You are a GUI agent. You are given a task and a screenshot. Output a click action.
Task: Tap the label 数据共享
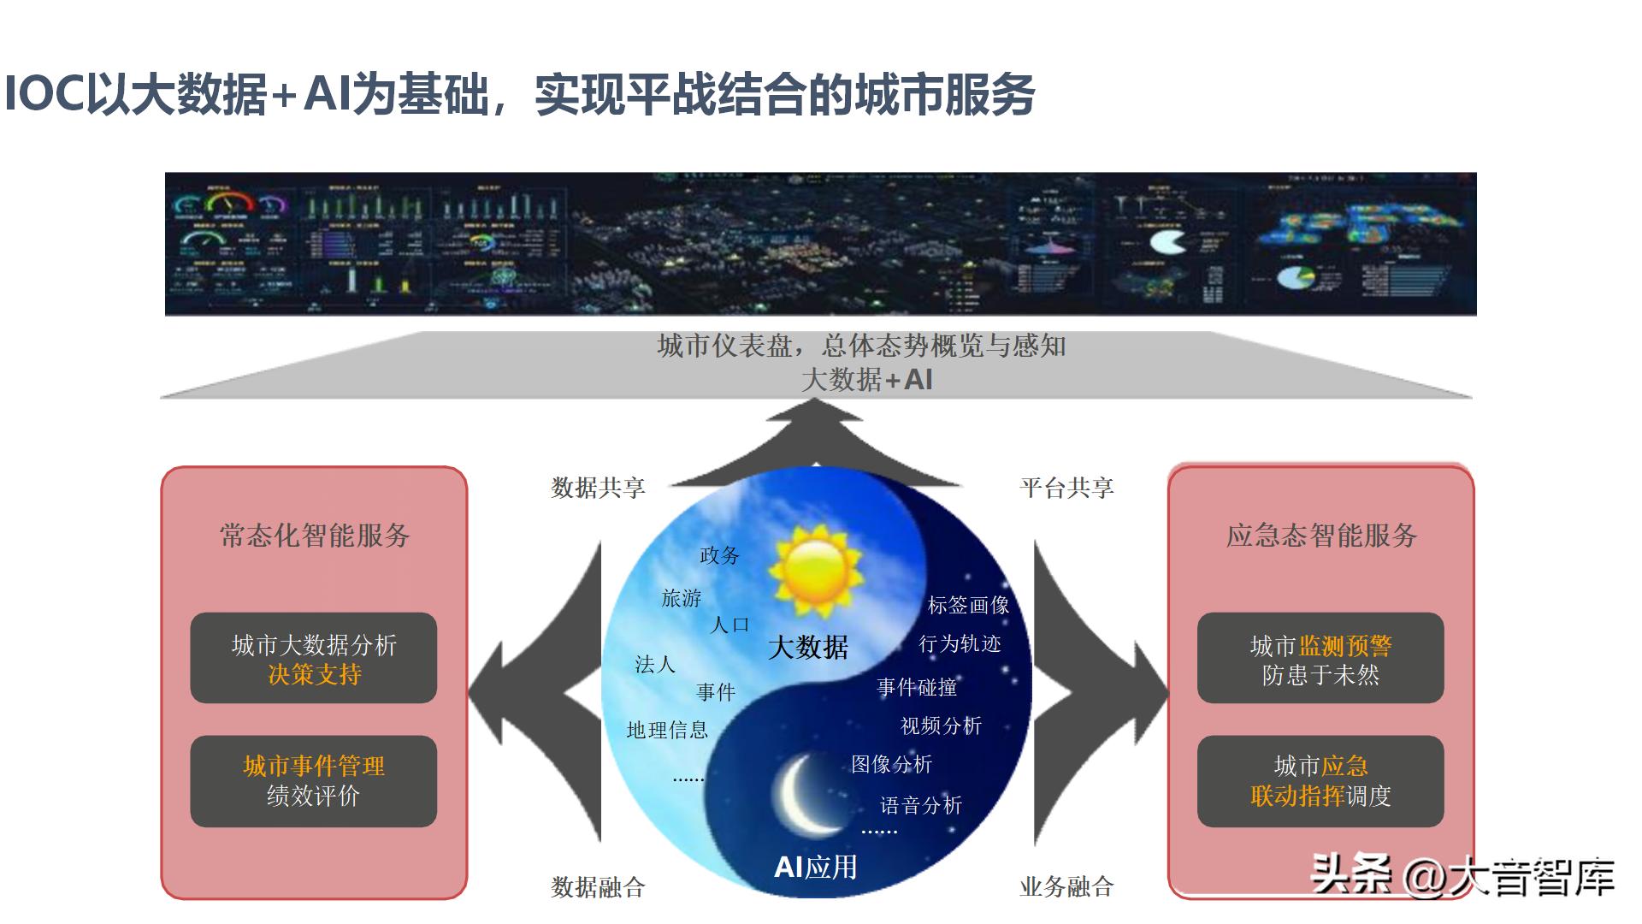click(x=598, y=488)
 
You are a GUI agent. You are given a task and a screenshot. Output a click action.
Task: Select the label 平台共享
click(x=1066, y=488)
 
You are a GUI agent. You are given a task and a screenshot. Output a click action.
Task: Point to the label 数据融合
click(x=598, y=887)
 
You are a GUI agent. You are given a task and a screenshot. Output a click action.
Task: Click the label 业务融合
click(x=1066, y=887)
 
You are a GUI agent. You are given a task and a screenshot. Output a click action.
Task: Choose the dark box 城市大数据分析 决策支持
click(x=314, y=659)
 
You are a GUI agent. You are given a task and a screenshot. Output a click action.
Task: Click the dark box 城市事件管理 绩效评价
click(x=314, y=781)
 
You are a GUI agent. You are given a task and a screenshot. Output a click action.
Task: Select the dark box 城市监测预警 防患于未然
click(x=1320, y=659)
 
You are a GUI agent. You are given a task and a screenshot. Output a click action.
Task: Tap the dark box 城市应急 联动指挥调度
click(x=1320, y=781)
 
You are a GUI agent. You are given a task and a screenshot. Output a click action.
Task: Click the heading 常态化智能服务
click(x=315, y=536)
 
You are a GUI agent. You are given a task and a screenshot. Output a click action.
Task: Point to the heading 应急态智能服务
click(x=1321, y=536)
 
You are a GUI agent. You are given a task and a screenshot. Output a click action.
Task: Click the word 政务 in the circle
click(x=719, y=555)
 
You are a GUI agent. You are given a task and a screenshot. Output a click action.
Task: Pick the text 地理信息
click(x=667, y=730)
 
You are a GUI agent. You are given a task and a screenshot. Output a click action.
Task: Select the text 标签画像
click(x=968, y=605)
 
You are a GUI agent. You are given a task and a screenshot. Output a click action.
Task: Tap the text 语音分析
click(x=921, y=805)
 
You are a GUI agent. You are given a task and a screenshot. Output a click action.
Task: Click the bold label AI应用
click(x=815, y=868)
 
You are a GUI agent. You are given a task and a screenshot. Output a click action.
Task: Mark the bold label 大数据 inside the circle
click(x=808, y=647)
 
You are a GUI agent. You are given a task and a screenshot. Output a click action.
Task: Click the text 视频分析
click(x=941, y=726)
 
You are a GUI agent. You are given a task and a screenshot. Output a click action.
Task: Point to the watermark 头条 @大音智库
click(x=1462, y=876)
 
